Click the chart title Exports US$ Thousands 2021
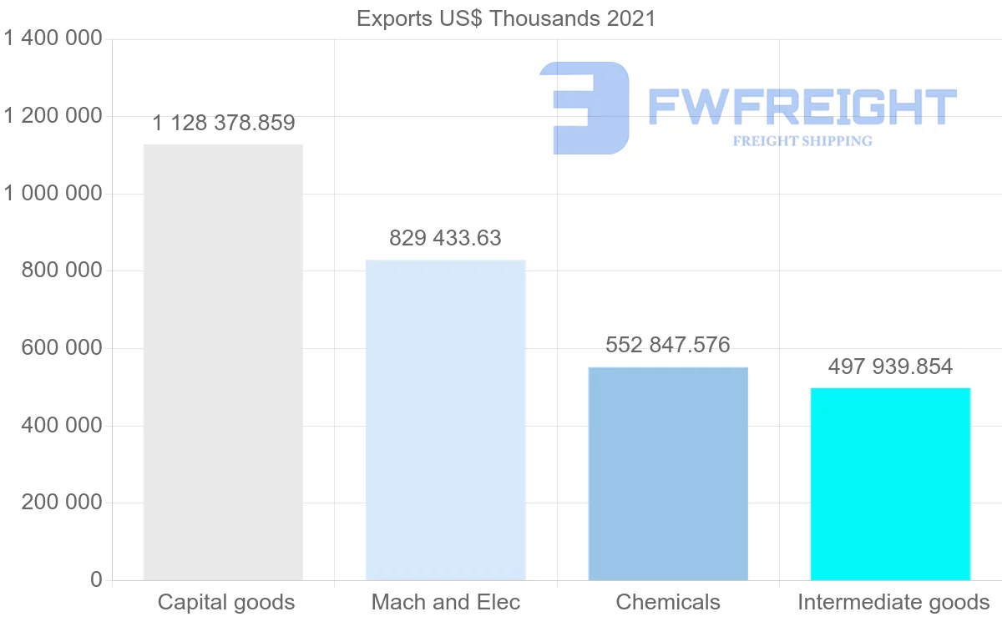coord(506,18)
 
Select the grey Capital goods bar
coord(223,362)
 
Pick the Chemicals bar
coord(668,473)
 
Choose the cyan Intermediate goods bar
coord(890,484)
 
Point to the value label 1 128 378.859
coord(224,124)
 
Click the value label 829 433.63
coord(445,239)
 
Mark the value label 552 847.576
coord(668,346)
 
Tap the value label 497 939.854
coord(890,367)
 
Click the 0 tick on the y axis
coord(96,580)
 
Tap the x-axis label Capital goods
coord(226,602)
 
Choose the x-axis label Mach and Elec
coord(446,602)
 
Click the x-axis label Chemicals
coord(668,602)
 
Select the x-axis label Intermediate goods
coord(893,602)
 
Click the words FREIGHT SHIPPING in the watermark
coord(802,141)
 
